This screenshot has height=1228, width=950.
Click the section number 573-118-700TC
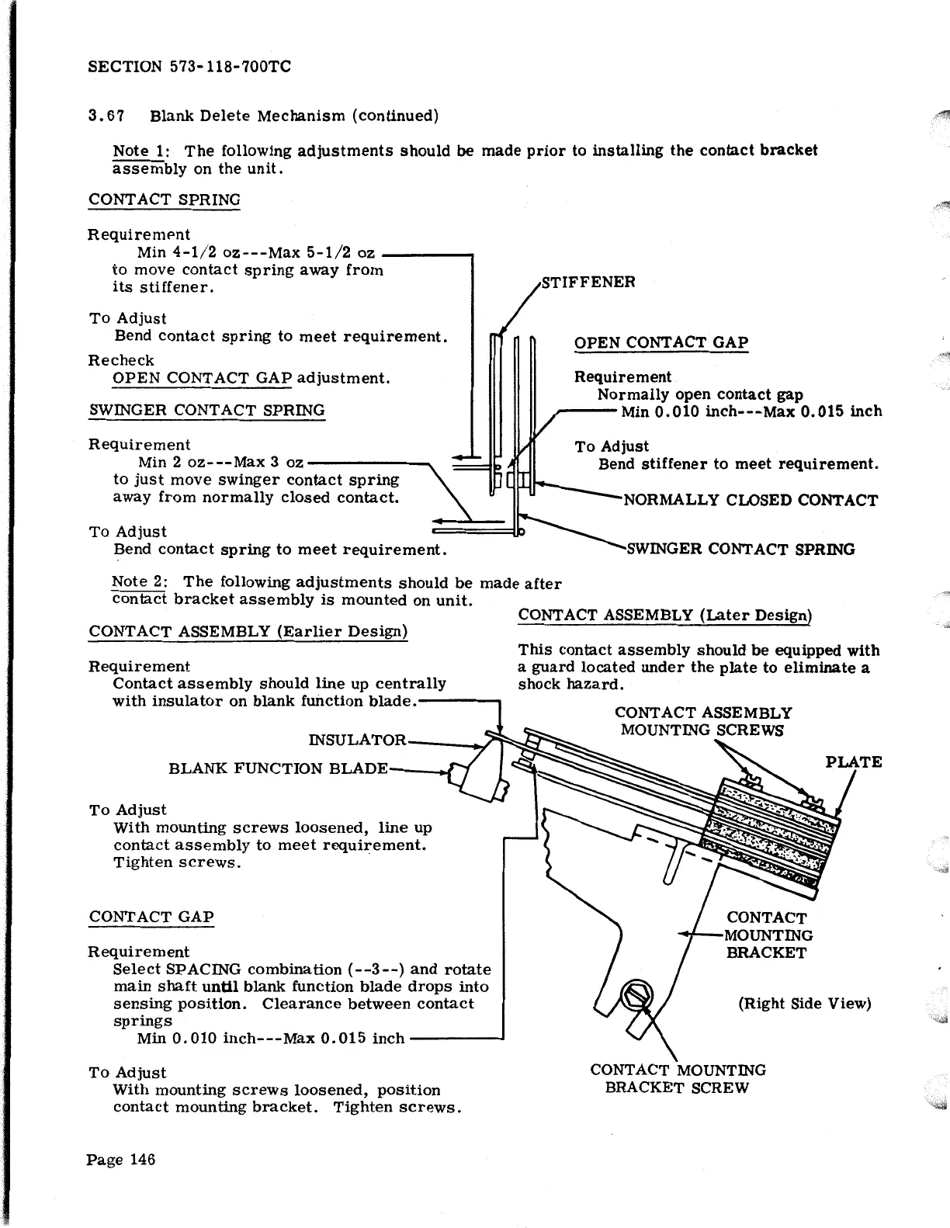pyautogui.click(x=229, y=68)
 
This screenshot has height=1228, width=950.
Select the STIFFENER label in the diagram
pyautogui.click(x=588, y=282)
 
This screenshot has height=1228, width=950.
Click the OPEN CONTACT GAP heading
pyautogui.click(x=660, y=343)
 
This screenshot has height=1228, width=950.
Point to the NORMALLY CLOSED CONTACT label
pyautogui.click(x=751, y=501)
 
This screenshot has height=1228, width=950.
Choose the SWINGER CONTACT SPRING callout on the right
pyautogui.click(x=740, y=550)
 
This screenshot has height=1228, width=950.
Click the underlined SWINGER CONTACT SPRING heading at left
pyautogui.click(x=206, y=411)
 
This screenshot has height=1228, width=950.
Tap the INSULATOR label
pyautogui.click(x=357, y=741)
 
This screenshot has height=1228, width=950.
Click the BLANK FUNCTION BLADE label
pyautogui.click(x=278, y=769)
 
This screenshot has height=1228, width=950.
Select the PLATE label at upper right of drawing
pyautogui.click(x=854, y=762)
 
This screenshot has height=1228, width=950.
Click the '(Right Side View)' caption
pyautogui.click(x=804, y=1004)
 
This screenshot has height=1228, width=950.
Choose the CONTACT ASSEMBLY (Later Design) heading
pyautogui.click(x=664, y=616)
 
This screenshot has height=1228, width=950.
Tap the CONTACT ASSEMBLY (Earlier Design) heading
pyautogui.click(x=248, y=631)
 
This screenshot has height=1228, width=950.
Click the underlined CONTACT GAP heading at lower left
pyautogui.click(x=151, y=917)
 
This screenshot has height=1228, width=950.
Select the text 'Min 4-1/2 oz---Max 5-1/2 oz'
pyautogui.click(x=256, y=253)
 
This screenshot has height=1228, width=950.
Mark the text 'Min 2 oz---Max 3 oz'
pyautogui.click(x=220, y=463)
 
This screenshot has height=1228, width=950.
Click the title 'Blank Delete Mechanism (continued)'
pyautogui.click(x=294, y=116)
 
